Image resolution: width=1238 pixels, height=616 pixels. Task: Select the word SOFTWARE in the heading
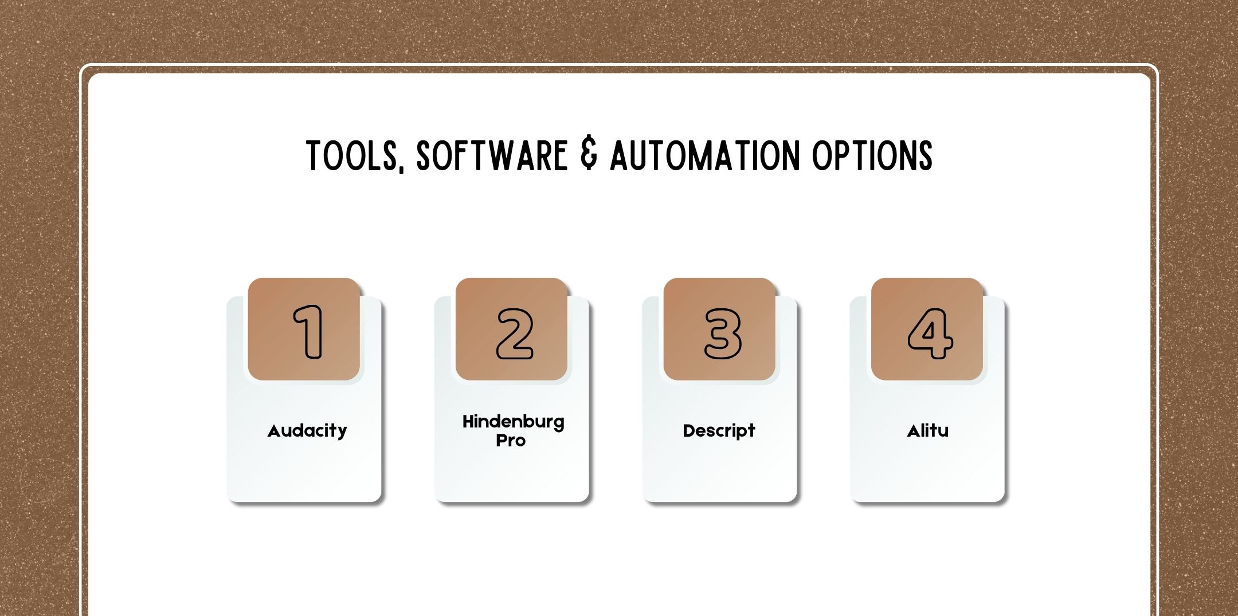coord(492,155)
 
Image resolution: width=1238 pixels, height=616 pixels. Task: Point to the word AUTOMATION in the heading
coord(704,155)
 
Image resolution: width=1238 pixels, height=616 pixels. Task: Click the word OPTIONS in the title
coord(872,155)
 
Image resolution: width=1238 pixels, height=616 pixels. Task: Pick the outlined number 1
coord(309,332)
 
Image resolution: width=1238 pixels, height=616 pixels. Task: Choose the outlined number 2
coord(514,333)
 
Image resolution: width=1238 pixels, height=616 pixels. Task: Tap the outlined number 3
coord(722,333)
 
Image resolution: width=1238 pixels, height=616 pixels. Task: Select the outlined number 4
coord(930,333)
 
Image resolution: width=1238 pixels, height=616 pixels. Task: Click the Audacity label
coord(307,430)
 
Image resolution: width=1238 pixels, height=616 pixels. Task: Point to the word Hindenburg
coord(513,422)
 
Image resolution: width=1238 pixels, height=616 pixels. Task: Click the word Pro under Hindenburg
coord(511,441)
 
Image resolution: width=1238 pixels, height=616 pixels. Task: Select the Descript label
coord(719,430)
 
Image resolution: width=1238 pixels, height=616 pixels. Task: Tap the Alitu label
coord(927,430)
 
